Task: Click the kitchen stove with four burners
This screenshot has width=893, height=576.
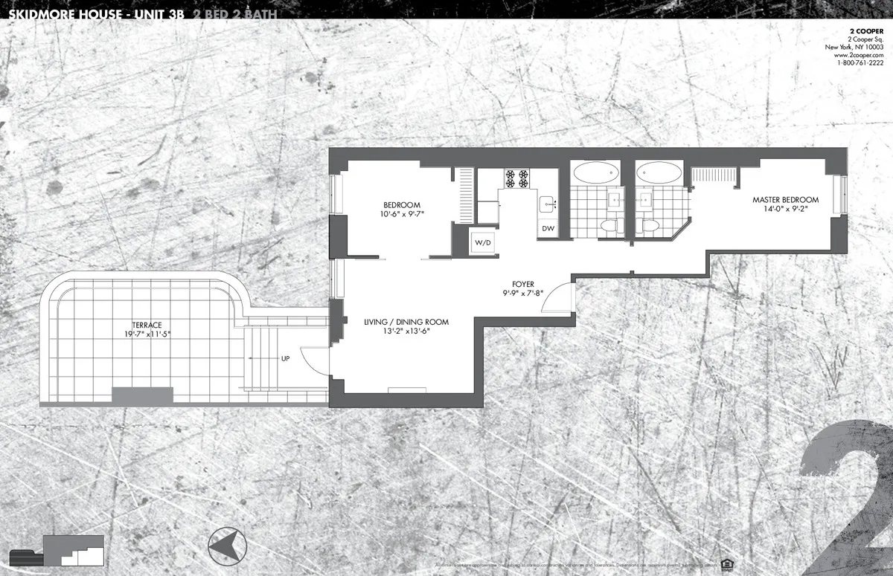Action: (x=517, y=178)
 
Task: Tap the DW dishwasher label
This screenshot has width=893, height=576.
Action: (x=548, y=229)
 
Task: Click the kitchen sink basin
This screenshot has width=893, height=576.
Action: (x=547, y=202)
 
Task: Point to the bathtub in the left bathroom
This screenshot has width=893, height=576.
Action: (x=595, y=173)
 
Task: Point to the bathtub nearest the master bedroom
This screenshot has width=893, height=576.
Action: (x=659, y=173)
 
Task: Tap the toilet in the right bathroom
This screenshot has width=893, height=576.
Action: (x=650, y=226)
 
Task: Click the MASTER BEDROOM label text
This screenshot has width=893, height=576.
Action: (x=785, y=200)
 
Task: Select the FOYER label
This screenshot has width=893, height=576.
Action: (x=523, y=284)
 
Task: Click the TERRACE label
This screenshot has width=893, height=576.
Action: (x=147, y=325)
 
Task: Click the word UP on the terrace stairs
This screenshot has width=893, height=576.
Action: (x=285, y=358)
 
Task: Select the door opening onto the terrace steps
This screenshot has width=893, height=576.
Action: (x=316, y=360)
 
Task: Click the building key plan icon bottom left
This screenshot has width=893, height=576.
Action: (x=72, y=553)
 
